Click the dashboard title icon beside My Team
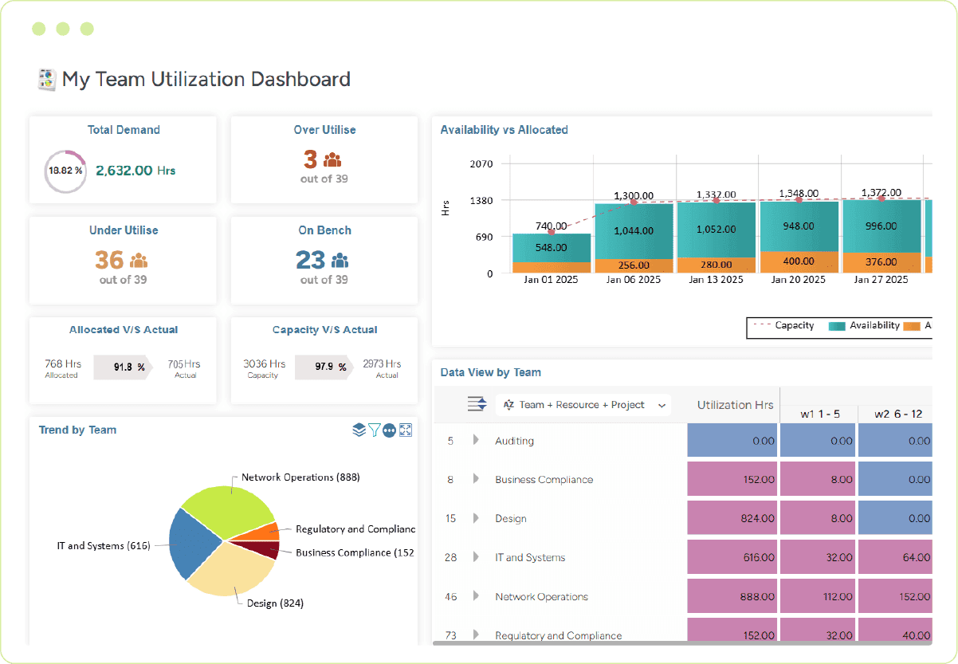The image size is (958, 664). point(47,79)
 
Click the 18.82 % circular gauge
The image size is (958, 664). point(65,171)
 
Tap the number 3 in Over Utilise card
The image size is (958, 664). point(310,159)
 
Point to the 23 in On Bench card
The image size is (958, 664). point(310,260)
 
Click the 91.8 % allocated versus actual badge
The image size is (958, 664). point(122,367)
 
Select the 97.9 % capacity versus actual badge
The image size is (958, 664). point(324,367)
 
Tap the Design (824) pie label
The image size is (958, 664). point(275,603)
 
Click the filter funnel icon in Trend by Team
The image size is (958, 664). point(374,430)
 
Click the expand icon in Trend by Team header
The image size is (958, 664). point(406,430)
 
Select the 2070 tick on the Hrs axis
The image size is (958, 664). point(482,164)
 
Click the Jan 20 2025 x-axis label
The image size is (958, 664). point(798,280)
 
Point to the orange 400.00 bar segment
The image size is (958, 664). point(798,261)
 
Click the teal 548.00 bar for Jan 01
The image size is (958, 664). point(552,247)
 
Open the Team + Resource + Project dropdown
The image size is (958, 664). point(583,405)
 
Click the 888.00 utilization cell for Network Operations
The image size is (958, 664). point(732,597)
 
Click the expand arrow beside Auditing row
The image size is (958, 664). point(476,440)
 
